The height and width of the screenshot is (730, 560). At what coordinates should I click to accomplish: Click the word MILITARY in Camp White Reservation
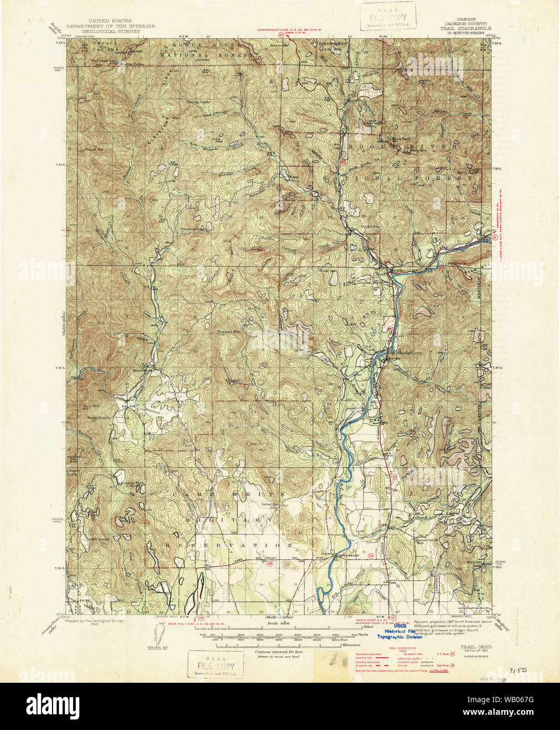(227, 519)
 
